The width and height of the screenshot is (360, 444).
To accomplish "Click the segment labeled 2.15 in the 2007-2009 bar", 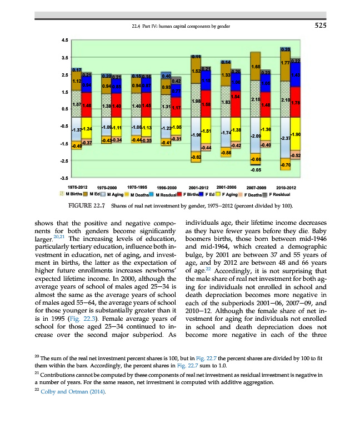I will (x=256, y=100).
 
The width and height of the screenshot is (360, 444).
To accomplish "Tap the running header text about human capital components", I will (x=178, y=26).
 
